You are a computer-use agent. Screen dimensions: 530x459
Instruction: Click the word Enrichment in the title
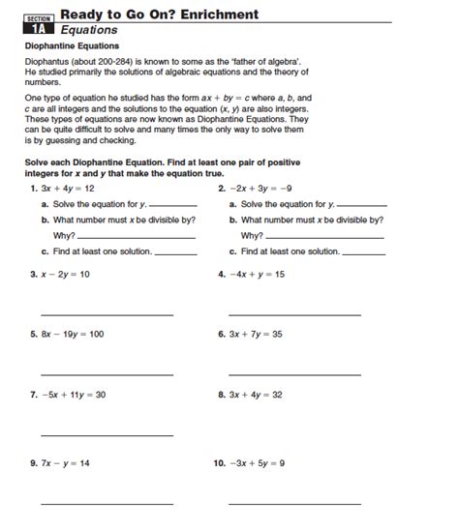point(215,14)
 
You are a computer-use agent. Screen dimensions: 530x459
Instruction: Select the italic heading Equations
point(89,30)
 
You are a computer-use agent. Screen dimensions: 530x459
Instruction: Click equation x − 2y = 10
point(66,274)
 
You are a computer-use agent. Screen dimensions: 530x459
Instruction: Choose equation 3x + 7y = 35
point(256,334)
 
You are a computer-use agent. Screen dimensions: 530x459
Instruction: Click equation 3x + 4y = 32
point(256,395)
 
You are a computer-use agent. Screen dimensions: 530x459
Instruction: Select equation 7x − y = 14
point(66,463)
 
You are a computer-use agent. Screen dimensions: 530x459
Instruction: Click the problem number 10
point(218,463)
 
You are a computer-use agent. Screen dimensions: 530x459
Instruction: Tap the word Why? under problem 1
point(65,235)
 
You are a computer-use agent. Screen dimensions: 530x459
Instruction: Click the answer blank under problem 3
point(107,313)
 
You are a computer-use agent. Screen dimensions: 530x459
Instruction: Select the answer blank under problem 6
point(294,373)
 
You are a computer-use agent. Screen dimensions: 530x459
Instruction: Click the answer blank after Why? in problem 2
point(324,237)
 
